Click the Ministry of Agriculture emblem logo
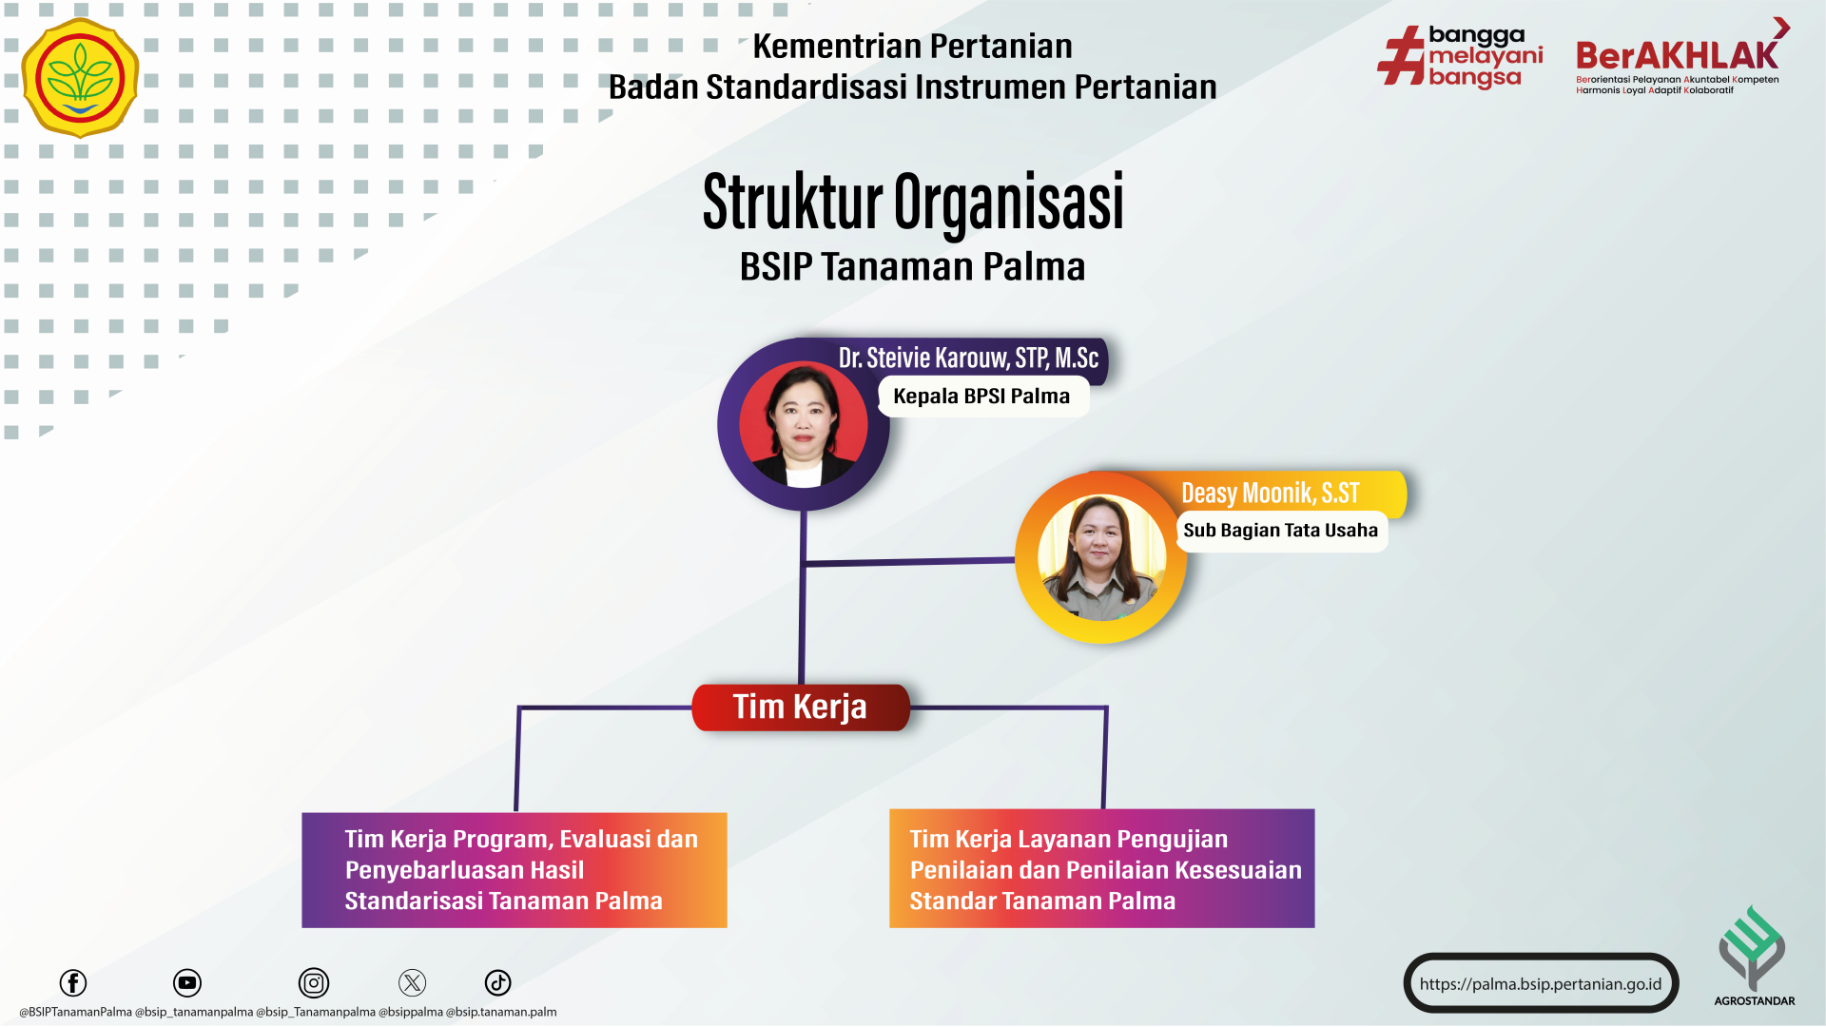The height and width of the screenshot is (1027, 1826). (x=80, y=78)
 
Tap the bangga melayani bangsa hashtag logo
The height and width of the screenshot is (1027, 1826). (x=1460, y=57)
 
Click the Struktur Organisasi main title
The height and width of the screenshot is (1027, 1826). (x=913, y=202)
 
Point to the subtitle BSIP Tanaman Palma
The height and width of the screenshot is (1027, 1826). (x=912, y=266)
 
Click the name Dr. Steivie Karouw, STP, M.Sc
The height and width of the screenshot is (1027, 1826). (x=968, y=358)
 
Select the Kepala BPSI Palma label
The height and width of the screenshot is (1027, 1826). (x=981, y=397)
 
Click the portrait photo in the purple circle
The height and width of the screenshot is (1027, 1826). (x=804, y=424)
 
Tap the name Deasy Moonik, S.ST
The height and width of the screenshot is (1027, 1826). (x=1271, y=494)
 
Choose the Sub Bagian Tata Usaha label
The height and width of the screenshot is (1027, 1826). (x=1281, y=531)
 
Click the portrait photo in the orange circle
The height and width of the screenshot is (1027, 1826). (x=1101, y=558)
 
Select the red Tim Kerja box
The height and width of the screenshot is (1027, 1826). (x=801, y=707)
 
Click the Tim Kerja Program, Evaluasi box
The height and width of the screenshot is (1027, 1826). (x=515, y=870)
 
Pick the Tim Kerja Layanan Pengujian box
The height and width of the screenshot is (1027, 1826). (x=1102, y=869)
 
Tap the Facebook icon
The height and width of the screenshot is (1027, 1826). (x=73, y=983)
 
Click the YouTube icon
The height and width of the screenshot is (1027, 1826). (x=187, y=983)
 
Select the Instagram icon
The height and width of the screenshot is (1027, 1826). (x=314, y=983)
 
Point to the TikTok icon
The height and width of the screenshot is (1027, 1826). (x=498, y=983)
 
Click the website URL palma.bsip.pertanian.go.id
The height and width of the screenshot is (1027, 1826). (x=1541, y=984)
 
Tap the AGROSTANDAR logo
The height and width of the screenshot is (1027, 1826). (x=1754, y=956)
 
